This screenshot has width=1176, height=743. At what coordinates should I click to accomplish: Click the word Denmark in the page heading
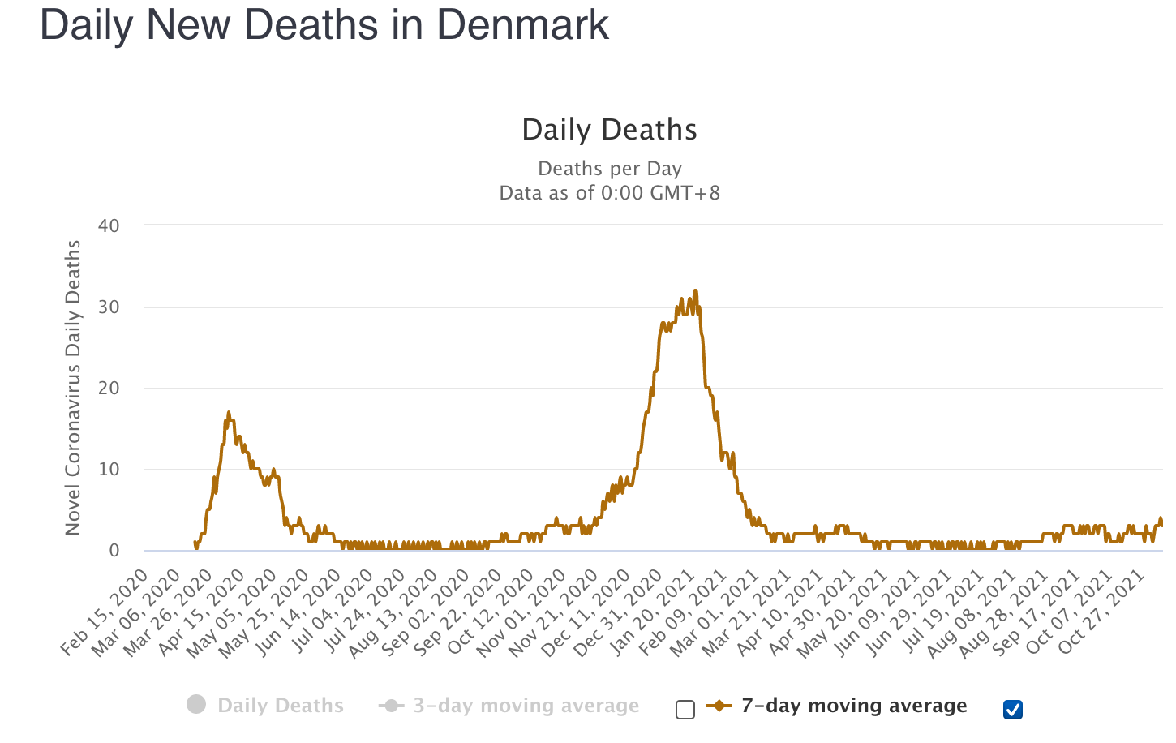522,24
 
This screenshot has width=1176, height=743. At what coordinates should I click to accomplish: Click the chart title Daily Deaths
609,130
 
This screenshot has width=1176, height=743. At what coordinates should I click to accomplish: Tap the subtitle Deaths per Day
609,169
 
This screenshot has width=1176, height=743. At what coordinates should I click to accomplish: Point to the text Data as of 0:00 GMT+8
609,193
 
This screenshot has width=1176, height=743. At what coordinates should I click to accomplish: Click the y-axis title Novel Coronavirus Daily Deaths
73,388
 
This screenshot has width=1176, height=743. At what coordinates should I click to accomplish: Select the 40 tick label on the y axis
109,226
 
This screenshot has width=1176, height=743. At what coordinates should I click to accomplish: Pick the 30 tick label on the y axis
109,307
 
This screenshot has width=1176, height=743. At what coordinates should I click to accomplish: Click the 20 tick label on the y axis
109,389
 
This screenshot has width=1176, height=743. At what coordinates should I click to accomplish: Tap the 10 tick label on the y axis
109,470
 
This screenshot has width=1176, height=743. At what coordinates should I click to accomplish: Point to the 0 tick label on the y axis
114,551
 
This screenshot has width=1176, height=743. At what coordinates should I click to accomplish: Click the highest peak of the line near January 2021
695,291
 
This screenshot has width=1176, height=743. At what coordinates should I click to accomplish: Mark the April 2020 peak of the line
229,413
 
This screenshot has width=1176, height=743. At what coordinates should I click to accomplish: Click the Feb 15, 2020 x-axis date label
105,612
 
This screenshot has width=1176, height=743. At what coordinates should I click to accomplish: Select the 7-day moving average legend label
853,706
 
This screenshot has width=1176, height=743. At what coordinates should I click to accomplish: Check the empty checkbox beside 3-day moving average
685,711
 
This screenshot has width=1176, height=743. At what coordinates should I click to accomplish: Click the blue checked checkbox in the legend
1013,710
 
